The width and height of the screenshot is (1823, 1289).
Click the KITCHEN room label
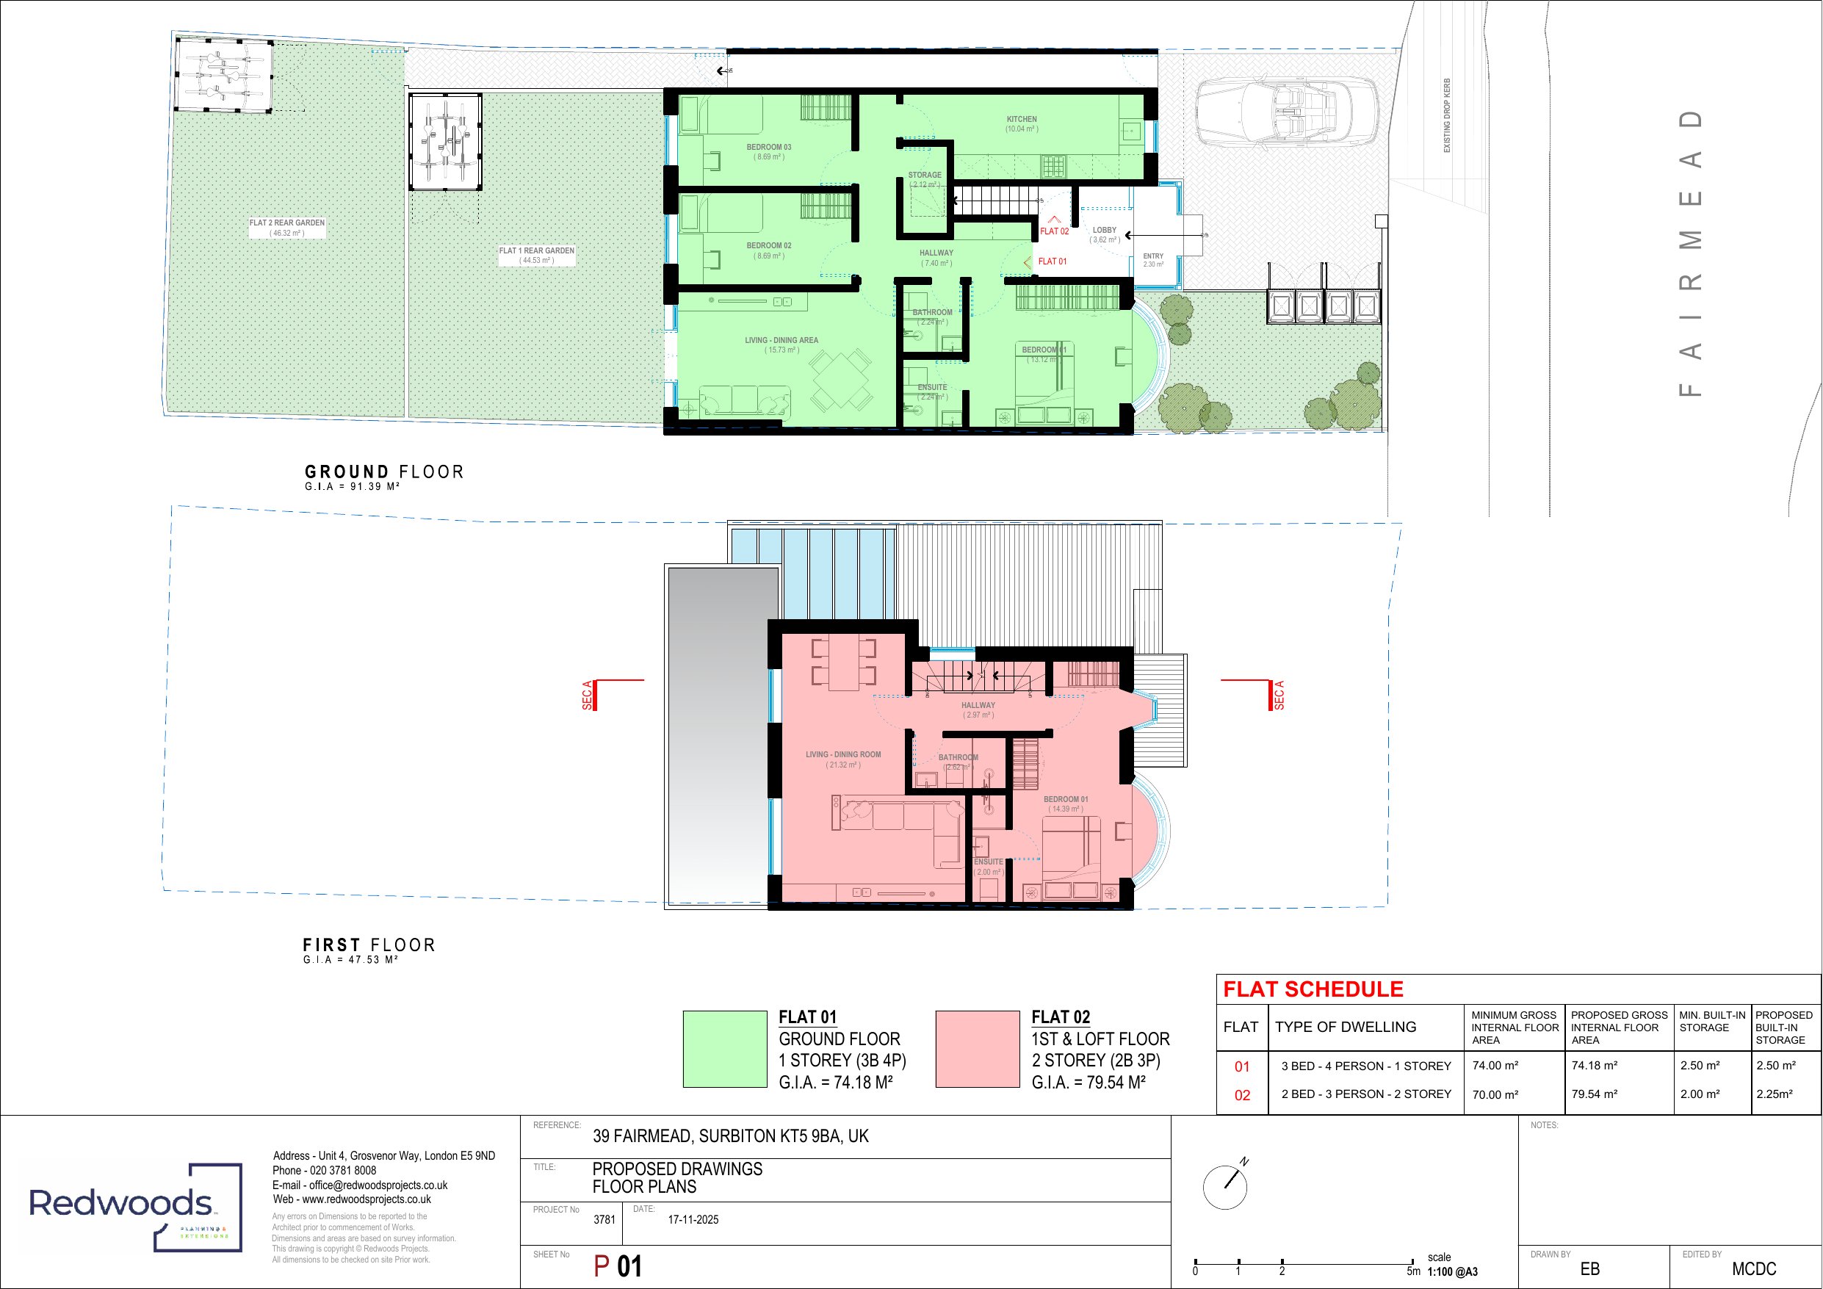[x=1021, y=120]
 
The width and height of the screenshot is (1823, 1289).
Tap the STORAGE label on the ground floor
[x=924, y=176]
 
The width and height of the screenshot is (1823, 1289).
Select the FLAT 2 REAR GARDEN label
[x=286, y=223]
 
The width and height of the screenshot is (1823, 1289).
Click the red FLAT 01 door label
[x=1052, y=261]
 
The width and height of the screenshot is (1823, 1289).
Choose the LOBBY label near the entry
[x=1105, y=231]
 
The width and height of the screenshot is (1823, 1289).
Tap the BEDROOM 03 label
[x=768, y=148]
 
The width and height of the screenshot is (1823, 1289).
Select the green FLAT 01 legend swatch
[x=724, y=1048]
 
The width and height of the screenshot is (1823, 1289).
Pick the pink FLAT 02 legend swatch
[x=977, y=1048]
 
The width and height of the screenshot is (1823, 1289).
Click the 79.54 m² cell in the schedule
[x=1594, y=1094]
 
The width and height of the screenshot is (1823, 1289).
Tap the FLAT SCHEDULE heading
[x=1313, y=989]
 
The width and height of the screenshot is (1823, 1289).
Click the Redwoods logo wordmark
[x=120, y=1203]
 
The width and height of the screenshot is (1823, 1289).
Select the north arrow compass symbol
[x=1226, y=1188]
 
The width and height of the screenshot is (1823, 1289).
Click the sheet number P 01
[x=618, y=1266]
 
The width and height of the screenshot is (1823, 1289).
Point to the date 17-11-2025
[x=693, y=1220]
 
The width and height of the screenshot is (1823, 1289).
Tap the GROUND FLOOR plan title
[x=384, y=472]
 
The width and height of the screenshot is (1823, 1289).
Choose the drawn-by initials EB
[x=1589, y=1269]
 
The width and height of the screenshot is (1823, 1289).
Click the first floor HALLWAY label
[x=978, y=705]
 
